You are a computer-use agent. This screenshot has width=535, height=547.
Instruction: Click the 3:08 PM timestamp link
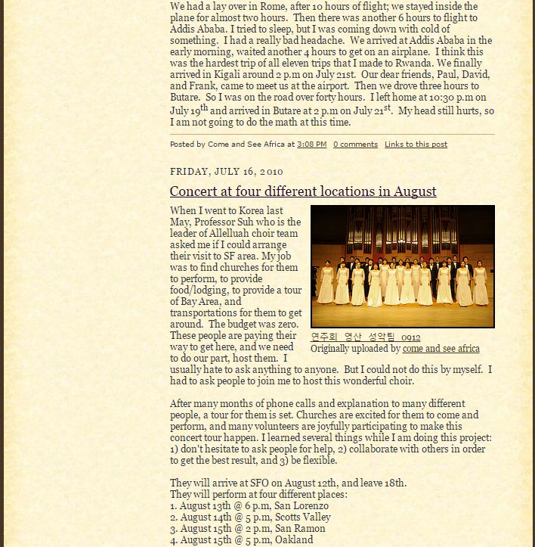(x=311, y=144)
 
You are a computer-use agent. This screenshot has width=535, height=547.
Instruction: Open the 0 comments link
(x=355, y=144)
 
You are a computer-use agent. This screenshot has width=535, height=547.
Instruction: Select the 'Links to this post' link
(x=416, y=144)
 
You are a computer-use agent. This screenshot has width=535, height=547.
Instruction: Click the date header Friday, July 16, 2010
(x=226, y=172)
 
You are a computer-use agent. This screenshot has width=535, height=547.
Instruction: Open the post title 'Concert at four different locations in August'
(x=303, y=191)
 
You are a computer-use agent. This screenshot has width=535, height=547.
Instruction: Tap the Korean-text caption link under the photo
(x=366, y=337)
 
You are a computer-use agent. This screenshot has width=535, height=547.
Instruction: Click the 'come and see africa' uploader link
(x=441, y=349)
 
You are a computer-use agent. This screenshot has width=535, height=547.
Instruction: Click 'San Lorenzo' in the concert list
(x=302, y=506)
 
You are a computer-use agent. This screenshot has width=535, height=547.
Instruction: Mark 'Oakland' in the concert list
(x=295, y=540)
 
